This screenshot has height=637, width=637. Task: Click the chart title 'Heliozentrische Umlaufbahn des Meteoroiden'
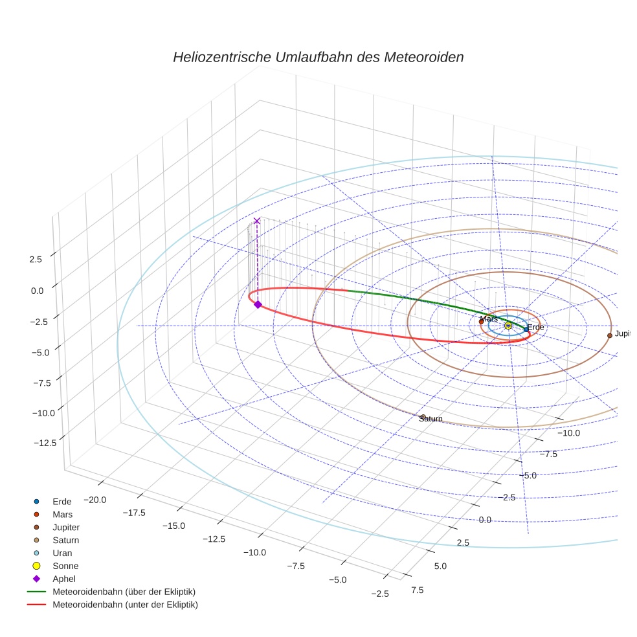[x=318, y=57]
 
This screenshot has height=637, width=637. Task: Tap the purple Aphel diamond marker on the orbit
[x=258, y=304]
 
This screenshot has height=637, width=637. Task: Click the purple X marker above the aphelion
[x=257, y=221]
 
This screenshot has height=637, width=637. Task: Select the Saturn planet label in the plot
[x=430, y=419]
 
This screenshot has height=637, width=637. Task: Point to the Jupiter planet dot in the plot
[x=610, y=335]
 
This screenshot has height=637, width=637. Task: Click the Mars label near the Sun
[x=489, y=318]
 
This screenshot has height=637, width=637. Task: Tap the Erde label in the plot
[x=535, y=328]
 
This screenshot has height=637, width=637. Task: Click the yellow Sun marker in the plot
[x=508, y=326]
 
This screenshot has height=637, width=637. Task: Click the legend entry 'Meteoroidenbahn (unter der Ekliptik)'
[x=125, y=605]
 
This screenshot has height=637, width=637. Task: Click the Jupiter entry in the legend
[x=66, y=528]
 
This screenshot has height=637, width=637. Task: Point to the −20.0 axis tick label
[x=95, y=499]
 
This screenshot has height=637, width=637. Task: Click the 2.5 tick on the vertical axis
[x=36, y=259]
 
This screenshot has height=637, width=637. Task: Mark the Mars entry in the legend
[x=62, y=515]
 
